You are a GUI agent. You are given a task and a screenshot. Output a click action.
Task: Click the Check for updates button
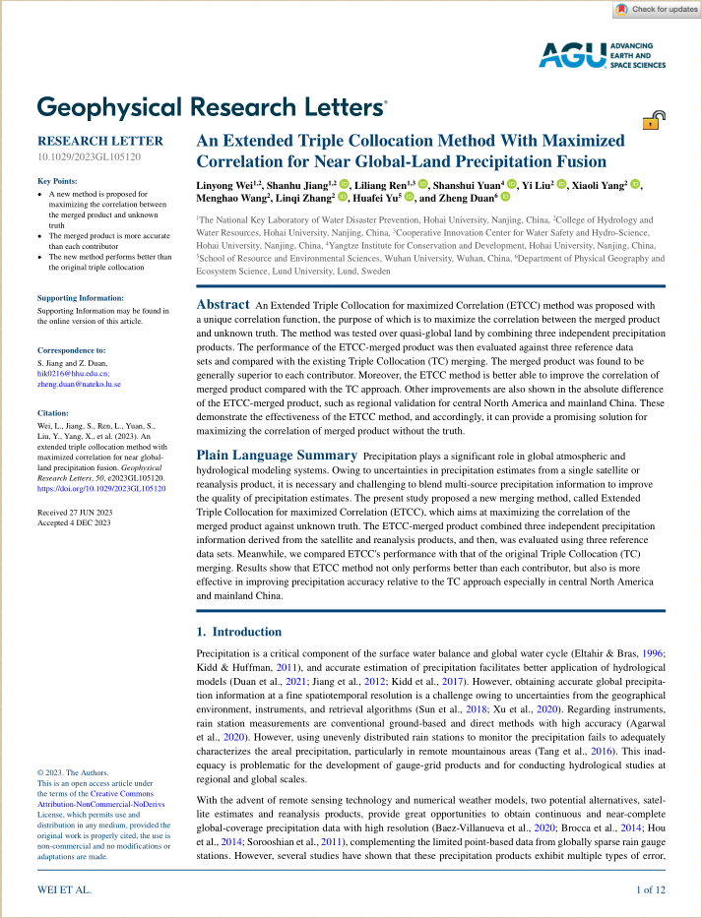pos(656,9)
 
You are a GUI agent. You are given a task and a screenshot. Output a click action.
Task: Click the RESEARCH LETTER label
pos(100,141)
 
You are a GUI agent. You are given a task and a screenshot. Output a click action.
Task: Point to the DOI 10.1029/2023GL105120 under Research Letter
pos(90,156)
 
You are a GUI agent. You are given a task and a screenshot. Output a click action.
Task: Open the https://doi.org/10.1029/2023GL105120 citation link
pos(101,488)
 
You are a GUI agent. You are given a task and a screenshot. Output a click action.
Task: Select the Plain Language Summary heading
pos(277,456)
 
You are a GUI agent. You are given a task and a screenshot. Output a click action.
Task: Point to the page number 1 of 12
pos(652,890)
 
